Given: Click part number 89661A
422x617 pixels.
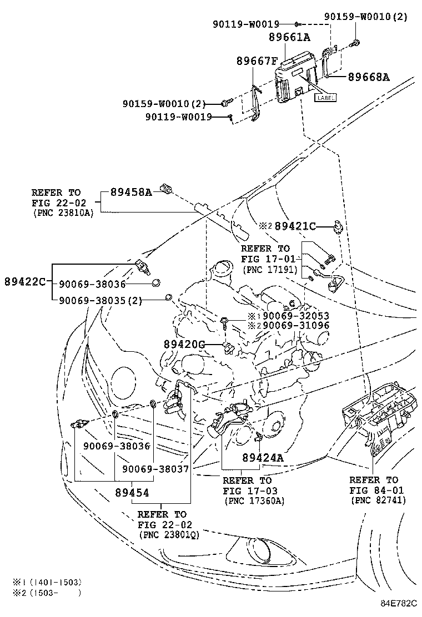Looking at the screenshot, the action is click(290, 37).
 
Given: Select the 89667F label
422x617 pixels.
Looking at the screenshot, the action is click(257, 61).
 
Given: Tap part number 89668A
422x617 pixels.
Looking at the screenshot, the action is click(369, 77).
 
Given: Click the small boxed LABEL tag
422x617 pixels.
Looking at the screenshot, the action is click(325, 98).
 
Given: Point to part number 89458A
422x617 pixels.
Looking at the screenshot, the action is click(131, 193).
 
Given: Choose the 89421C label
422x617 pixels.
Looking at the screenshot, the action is click(295, 226).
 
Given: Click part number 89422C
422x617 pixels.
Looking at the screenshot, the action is click(25, 282).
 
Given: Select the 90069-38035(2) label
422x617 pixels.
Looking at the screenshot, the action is click(101, 301).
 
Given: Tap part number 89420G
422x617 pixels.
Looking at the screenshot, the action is click(184, 345).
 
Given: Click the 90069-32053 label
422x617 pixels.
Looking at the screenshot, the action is click(296, 316).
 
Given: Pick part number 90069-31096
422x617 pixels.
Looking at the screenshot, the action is click(296, 325).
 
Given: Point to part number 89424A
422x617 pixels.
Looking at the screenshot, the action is click(263, 458).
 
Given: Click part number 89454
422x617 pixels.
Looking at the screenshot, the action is click(132, 492).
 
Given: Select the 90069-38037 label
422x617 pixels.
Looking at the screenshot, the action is click(155, 469).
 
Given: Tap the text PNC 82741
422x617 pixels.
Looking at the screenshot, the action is click(378, 500).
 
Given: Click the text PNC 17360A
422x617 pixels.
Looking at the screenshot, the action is click(254, 501).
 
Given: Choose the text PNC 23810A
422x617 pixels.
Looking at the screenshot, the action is click(63, 213).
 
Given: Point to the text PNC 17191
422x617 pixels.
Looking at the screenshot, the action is click(269, 270).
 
